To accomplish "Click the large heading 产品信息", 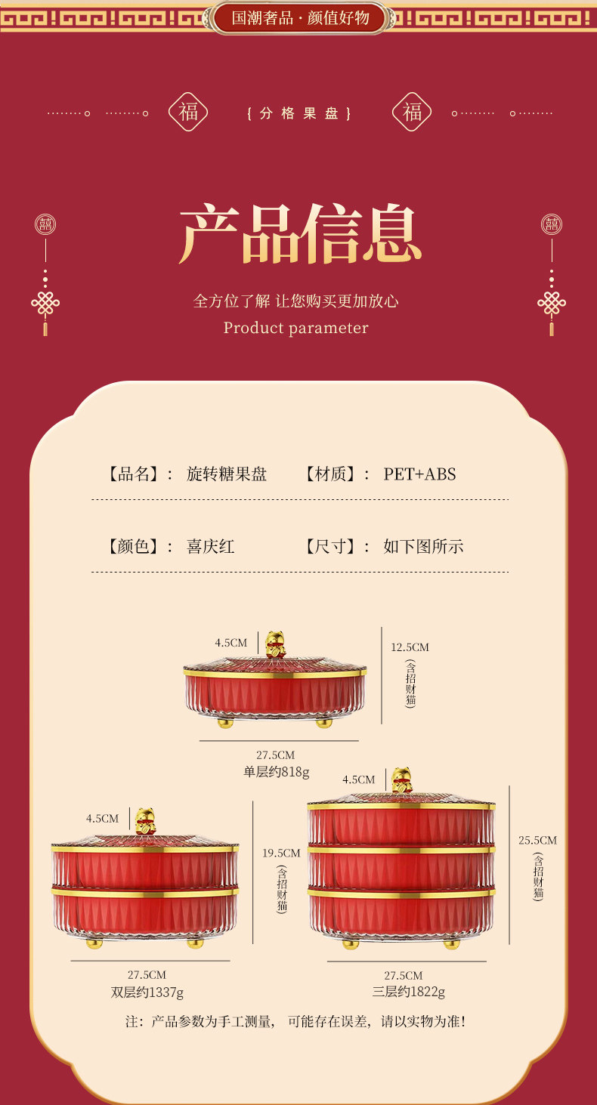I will (x=299, y=234).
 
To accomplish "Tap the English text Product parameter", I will (x=295, y=328).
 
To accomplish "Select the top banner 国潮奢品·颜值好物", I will (x=300, y=17).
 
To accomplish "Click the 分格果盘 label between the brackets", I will (x=299, y=114).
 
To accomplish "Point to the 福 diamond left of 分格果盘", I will (x=187, y=113).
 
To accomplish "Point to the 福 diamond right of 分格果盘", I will (x=412, y=113).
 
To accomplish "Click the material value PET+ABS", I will (x=419, y=474).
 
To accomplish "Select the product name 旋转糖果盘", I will (x=227, y=474).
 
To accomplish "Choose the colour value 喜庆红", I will (x=211, y=546).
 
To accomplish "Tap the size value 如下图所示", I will (x=423, y=546).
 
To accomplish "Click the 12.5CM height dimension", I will (x=410, y=647).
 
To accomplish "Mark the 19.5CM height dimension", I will (x=281, y=853).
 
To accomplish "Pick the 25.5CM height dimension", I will (x=537, y=840).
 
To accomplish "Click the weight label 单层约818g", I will (x=276, y=772).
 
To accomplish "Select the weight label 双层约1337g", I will (x=147, y=992).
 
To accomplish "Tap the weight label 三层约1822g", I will (x=409, y=992).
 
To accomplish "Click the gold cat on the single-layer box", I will (x=274, y=645).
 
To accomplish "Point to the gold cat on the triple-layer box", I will (x=401, y=781).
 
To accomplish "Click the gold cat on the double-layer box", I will (x=144, y=821).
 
